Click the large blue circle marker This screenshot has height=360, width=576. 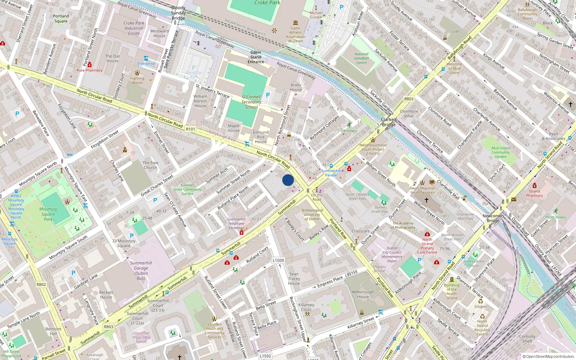288,180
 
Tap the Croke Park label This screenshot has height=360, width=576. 267,3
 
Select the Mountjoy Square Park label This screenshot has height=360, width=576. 48,214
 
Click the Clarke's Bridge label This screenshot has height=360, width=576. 388,122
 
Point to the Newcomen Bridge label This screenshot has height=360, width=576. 493,218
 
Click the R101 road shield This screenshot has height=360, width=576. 190,129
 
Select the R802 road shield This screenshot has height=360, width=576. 41,284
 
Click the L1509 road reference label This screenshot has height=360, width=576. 278,260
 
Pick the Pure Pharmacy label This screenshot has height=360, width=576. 89,70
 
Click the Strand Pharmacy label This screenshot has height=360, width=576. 534,193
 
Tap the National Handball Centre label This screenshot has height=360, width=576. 361,58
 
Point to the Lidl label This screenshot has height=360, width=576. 456,31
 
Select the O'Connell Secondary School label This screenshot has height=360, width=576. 251,102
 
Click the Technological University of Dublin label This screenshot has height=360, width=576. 312,215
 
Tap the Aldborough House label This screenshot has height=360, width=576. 363,294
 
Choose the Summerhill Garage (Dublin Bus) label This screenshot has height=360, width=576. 141,271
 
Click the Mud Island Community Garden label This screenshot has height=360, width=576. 500,152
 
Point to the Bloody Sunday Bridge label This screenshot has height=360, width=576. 178,13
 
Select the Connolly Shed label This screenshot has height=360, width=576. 527,339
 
